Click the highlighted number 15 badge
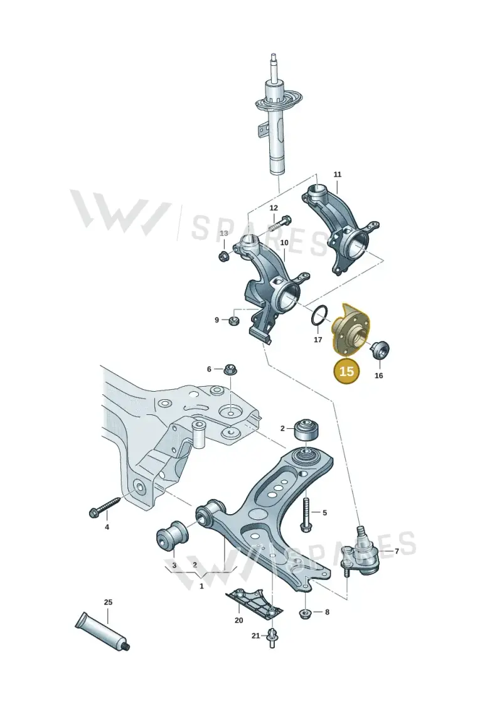pos(346,371)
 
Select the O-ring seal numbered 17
pos(319,315)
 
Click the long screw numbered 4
pos(105,507)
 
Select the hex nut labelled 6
pos(230,370)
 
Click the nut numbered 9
pos(234,321)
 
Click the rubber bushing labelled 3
pos(171,537)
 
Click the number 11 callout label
pos(337,175)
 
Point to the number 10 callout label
pos(284,243)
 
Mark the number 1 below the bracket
pos(202,586)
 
